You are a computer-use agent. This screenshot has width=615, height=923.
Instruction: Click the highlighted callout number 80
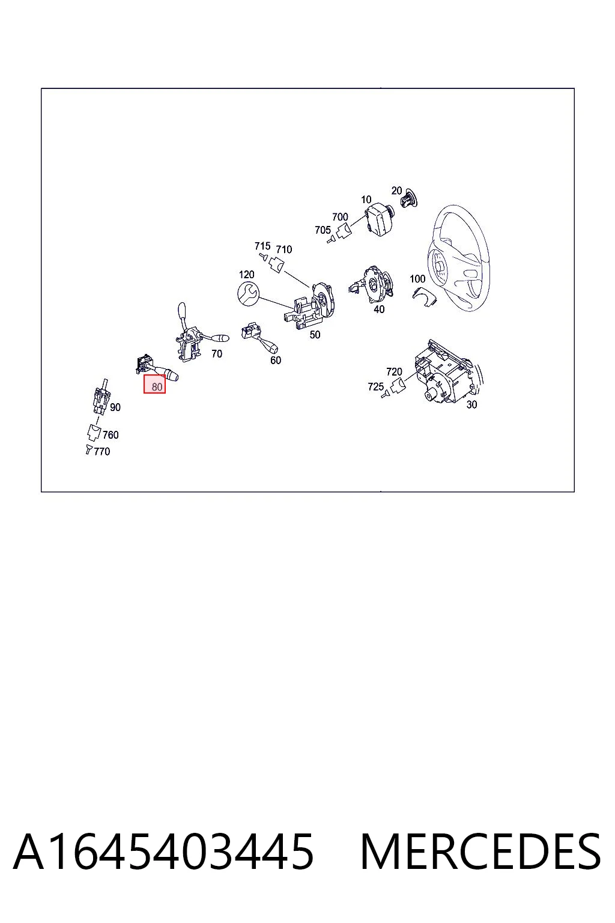click(157, 387)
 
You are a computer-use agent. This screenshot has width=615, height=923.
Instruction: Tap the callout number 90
click(115, 407)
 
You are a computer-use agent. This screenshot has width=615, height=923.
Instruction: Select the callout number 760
click(111, 434)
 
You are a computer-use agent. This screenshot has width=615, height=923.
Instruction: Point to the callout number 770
click(101, 452)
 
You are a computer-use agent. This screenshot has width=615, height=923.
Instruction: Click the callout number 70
click(217, 353)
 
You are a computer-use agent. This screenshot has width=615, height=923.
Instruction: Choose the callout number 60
click(276, 360)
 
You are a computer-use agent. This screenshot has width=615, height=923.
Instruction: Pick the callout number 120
click(246, 275)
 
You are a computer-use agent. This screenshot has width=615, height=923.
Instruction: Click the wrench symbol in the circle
click(248, 294)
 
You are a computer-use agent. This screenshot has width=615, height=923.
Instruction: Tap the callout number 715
click(262, 246)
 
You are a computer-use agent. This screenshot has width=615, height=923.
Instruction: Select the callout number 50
click(315, 335)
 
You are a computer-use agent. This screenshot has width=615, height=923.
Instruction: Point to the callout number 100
click(417, 279)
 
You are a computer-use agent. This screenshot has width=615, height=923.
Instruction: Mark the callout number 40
click(379, 309)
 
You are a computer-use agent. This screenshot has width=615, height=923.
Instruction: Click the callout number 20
click(396, 190)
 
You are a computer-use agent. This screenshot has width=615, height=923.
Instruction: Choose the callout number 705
click(323, 230)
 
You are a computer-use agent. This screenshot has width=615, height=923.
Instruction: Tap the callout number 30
click(471, 404)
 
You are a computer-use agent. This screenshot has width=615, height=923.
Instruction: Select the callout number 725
click(376, 386)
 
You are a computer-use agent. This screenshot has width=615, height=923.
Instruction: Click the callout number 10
click(366, 200)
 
